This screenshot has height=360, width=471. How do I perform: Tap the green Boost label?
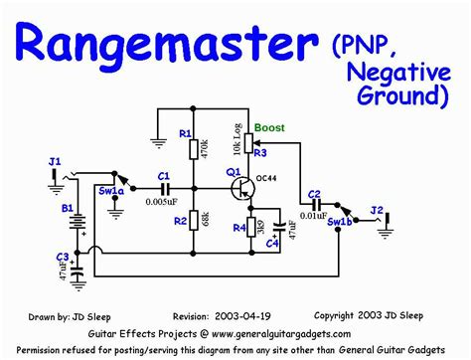pos(268,128)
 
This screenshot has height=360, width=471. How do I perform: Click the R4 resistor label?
pos(238,228)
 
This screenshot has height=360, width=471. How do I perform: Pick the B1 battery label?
pos(67,209)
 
